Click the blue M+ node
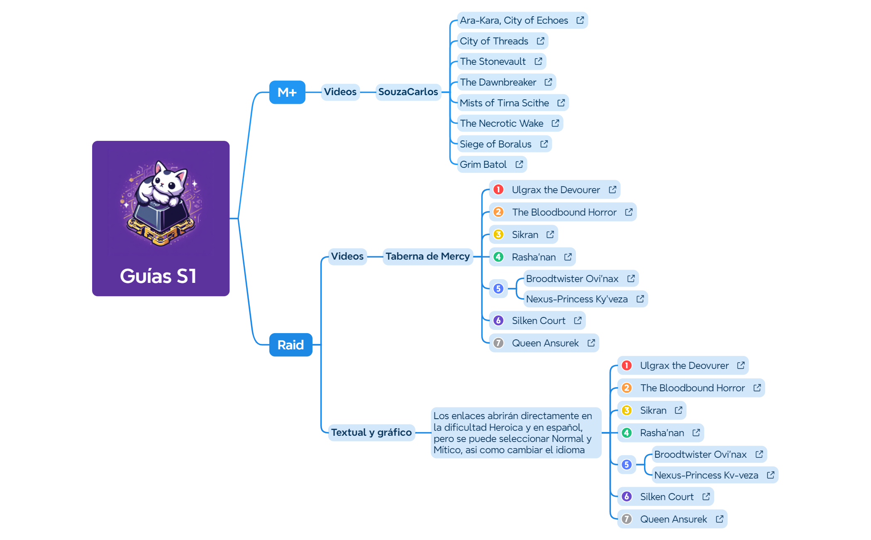[x=287, y=92]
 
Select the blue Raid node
[x=290, y=345]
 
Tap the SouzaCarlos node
[x=408, y=92]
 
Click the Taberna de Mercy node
[x=427, y=256]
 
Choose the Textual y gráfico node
[x=371, y=432]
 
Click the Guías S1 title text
[x=158, y=276]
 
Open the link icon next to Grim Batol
[x=519, y=164]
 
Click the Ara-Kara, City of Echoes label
[x=514, y=20]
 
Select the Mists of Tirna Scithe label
[x=504, y=103]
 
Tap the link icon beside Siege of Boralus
[x=544, y=144]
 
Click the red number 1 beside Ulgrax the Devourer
[x=498, y=190]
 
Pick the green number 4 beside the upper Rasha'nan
[x=498, y=257]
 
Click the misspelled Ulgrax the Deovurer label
[x=684, y=366]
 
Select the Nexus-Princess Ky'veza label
[x=576, y=299]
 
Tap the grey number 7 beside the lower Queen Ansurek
[x=627, y=519]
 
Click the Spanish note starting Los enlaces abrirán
[x=513, y=433]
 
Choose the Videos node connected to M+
[x=340, y=92]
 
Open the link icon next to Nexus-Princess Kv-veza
[x=771, y=475]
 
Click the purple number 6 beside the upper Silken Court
[x=498, y=321]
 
